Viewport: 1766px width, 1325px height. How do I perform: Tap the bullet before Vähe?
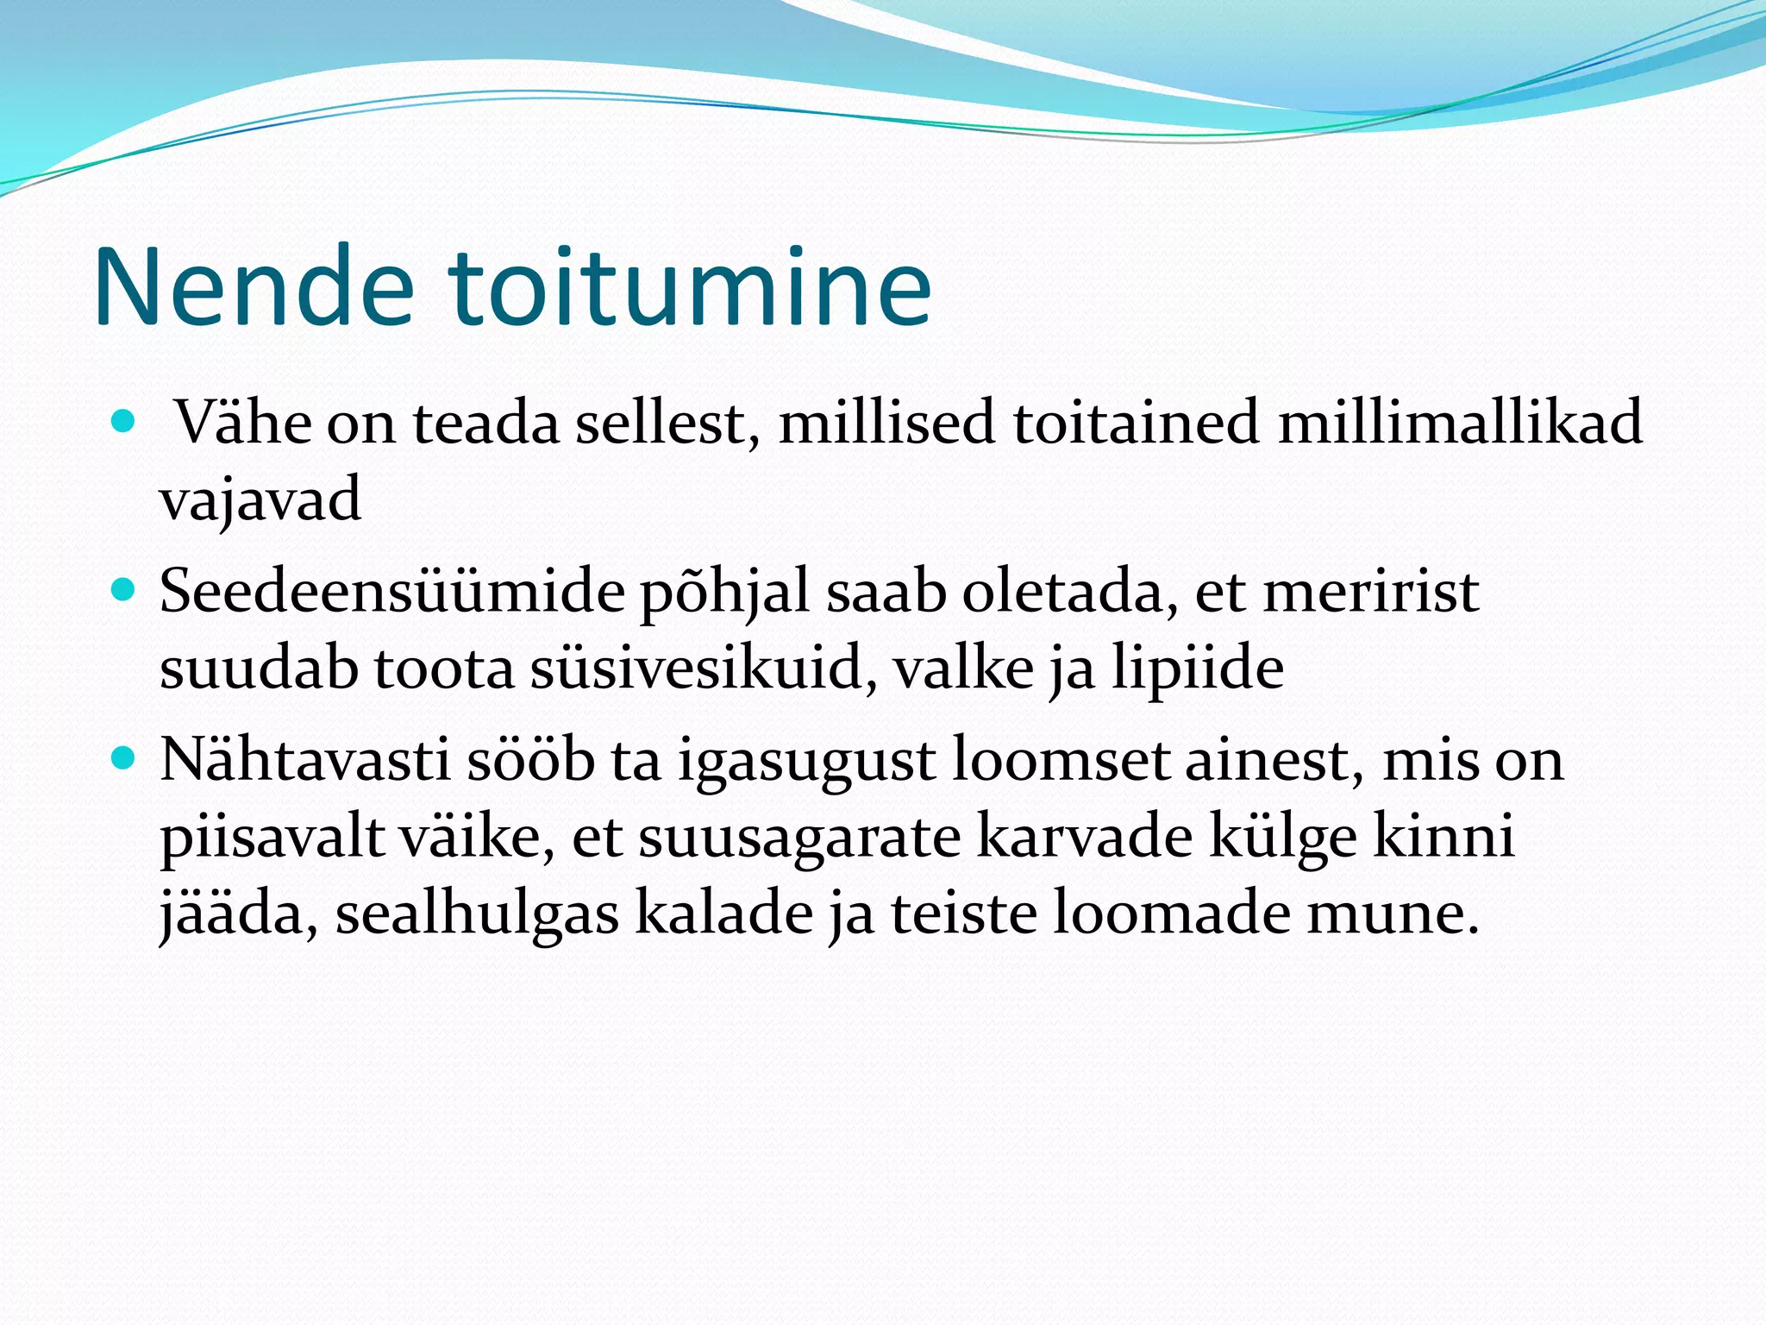[x=124, y=422]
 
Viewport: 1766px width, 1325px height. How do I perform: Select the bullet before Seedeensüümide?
[x=124, y=591]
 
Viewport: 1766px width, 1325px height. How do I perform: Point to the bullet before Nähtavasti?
[x=124, y=759]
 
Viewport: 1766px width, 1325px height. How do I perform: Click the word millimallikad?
[x=1460, y=423]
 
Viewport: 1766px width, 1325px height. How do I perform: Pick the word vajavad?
[x=260, y=500]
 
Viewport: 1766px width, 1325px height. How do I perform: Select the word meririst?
[x=1371, y=592]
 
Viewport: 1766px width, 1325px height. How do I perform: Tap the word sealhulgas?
[x=477, y=913]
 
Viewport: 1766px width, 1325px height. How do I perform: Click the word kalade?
[x=724, y=913]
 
